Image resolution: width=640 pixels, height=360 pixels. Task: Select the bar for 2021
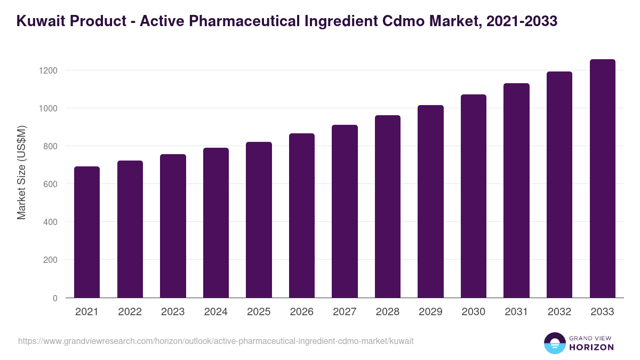coord(87,232)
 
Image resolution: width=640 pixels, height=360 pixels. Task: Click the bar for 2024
coord(215,223)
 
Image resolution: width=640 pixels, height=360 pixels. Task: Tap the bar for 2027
coord(345,211)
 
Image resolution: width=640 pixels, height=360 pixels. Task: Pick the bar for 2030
coord(474,196)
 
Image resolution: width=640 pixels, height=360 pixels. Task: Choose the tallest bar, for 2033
coord(602,179)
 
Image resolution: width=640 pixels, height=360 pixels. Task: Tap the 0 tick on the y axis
coord(54,298)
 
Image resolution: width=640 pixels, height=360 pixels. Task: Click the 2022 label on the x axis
coord(130,312)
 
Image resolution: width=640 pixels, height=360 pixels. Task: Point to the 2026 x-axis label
coord(301,312)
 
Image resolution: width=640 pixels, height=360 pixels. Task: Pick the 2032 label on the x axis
coord(559,312)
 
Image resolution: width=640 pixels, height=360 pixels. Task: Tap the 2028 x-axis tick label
coord(387,312)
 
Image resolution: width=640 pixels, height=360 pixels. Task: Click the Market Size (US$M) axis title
coord(21,172)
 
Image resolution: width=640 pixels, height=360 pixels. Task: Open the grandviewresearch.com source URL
coord(215,341)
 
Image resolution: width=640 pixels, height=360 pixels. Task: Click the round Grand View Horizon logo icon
coord(554,343)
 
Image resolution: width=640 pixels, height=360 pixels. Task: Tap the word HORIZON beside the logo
coord(591,347)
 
